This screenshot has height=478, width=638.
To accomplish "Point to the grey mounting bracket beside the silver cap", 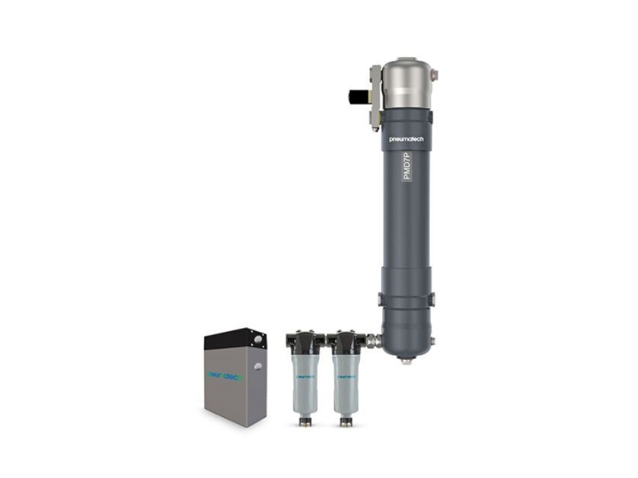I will coord(375,97).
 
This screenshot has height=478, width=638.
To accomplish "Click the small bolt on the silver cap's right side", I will coord(435,75).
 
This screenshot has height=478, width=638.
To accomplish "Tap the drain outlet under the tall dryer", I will coord(407,360).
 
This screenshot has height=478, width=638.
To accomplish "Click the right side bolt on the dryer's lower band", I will coord(432,299).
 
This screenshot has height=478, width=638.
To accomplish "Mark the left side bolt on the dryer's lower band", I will coord(381,300).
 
